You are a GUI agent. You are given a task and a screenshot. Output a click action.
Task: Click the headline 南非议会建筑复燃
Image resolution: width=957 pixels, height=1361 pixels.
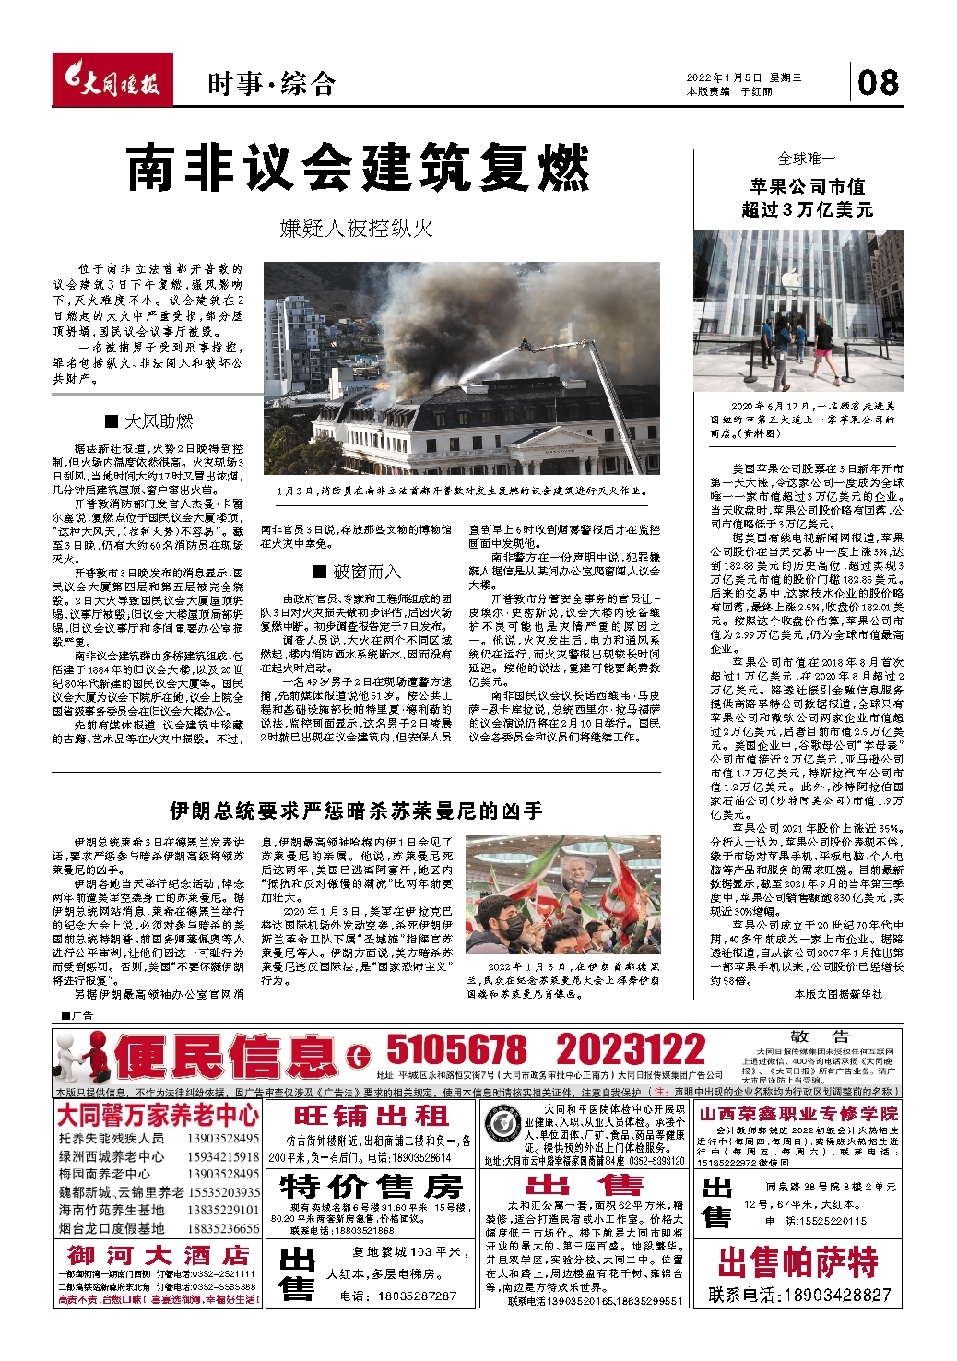coord(358,168)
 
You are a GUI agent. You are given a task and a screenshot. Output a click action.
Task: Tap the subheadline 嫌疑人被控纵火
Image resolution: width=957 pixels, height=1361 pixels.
coord(356,228)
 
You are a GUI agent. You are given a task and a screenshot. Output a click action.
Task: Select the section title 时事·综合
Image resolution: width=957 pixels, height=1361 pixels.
coord(271,85)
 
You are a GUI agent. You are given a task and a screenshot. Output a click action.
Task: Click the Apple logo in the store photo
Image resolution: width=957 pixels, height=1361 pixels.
coord(788,277)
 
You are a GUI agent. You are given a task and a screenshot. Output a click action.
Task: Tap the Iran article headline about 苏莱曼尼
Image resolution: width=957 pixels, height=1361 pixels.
coord(356,811)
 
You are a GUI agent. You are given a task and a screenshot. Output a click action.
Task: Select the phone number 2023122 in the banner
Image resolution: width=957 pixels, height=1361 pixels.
coord(631,1050)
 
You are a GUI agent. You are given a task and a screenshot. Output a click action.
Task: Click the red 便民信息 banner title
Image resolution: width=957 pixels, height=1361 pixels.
coord(227,1056)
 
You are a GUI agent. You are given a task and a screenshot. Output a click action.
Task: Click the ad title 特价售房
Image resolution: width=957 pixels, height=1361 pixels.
coord(371,1186)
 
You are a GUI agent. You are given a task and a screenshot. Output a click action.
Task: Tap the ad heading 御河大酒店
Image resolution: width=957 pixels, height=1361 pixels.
coord(158,1255)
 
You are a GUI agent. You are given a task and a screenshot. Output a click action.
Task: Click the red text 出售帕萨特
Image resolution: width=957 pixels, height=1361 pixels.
coord(798,1261)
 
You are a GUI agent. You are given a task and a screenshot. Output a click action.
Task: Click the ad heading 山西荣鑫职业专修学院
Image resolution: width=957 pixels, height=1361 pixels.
coord(798,1113)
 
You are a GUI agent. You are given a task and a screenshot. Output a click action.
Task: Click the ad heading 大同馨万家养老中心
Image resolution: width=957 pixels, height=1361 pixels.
coord(159,1116)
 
